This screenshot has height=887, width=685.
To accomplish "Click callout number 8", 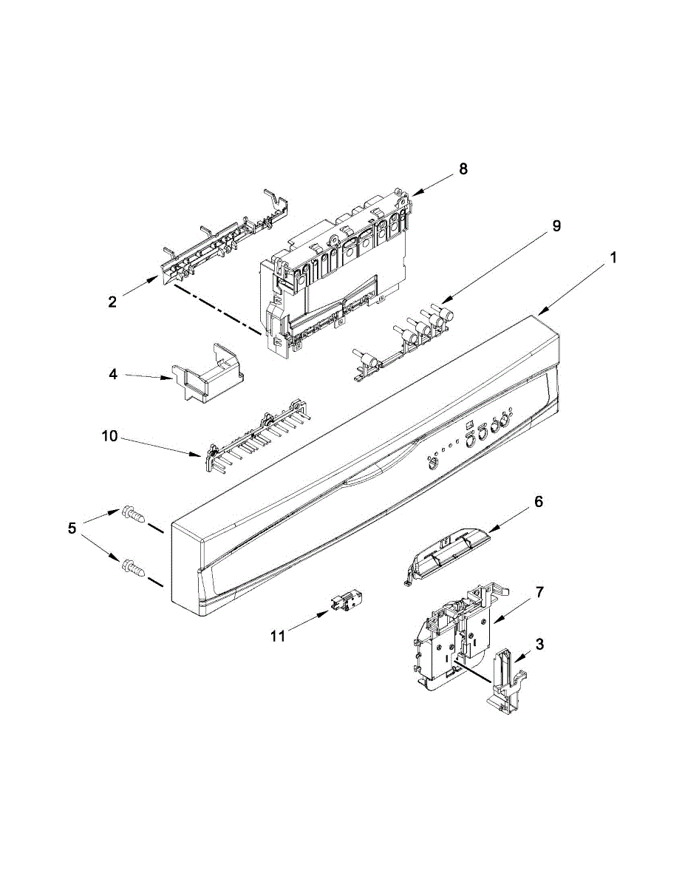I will (463, 169).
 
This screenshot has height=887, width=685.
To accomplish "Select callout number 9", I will (556, 226).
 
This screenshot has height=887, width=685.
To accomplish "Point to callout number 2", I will (112, 302).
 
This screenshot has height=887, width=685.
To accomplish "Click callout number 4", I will (113, 375).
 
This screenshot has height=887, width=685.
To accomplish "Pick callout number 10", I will (109, 437).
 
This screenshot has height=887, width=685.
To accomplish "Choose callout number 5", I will (72, 529).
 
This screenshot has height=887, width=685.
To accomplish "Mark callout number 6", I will (538, 502).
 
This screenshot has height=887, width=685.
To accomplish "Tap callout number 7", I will (540, 592).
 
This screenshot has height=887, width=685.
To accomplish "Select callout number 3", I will (540, 644).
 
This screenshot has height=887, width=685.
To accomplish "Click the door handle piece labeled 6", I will (447, 549).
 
